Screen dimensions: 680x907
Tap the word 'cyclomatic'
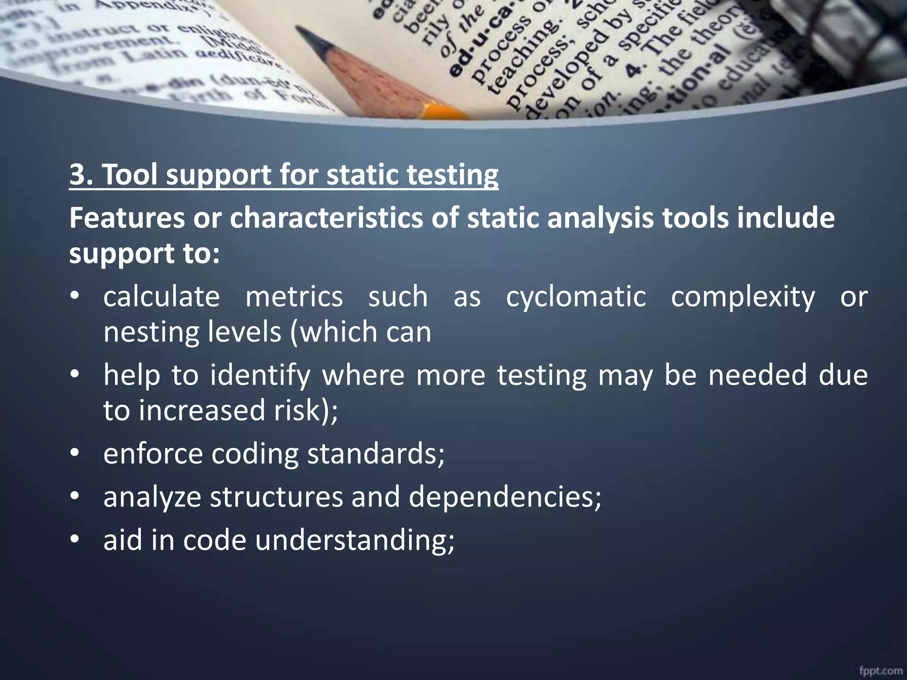576,297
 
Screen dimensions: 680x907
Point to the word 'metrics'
294,297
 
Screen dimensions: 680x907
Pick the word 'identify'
260,375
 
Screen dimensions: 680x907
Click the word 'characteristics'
326,218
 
